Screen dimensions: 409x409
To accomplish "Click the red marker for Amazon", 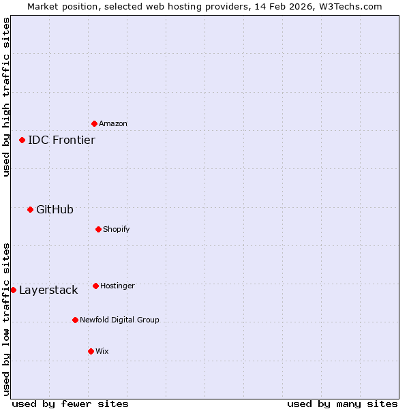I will (94, 123).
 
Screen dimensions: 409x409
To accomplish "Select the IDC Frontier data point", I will (22, 140).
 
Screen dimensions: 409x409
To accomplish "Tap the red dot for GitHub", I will (30, 209).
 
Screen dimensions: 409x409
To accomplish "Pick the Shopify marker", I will (98, 229).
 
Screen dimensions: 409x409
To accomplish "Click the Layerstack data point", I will (13, 290).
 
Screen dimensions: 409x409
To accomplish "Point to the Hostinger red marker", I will (95, 286).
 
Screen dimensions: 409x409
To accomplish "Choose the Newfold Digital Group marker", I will (75, 320).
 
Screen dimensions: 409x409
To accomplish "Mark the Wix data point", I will (91, 351).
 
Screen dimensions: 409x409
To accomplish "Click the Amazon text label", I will (113, 123).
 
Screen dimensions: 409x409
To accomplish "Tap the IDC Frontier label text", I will (61, 140).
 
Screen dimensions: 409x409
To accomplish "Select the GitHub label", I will (55, 209).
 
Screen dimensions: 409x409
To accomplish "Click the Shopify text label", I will (117, 229).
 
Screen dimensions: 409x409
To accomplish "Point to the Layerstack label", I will (48, 290).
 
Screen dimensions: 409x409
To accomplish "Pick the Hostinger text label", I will (117, 286).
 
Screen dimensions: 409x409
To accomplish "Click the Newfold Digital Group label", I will (119, 320).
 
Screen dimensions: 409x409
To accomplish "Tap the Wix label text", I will (102, 351).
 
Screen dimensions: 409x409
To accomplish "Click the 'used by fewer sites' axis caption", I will (70, 404).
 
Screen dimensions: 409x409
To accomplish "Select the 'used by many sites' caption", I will (342, 404).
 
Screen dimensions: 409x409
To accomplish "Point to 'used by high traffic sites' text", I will (6, 97).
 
